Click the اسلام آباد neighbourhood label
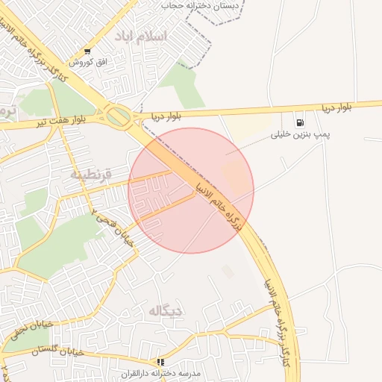coord(141,36)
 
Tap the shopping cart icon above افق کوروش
coord(89,51)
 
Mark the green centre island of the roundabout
coord(117,116)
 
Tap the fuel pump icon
coord(300,122)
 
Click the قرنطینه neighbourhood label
coord(92,174)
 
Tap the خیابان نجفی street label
coord(30,330)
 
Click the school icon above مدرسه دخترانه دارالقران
coord(160,362)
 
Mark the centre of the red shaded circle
coord(191,190)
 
